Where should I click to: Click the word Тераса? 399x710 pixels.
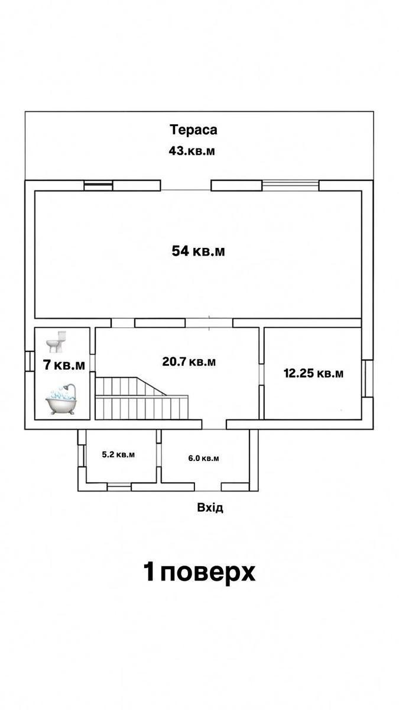point(193,130)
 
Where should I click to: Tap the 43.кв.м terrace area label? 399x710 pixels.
point(192,150)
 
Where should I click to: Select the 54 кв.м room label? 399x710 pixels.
point(198,251)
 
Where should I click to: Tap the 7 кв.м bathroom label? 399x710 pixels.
point(64,365)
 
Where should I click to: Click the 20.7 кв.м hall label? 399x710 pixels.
point(189,361)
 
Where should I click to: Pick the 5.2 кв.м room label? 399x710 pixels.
point(118,455)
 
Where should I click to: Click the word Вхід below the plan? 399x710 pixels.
point(210,508)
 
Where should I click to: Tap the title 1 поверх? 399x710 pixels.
point(199,573)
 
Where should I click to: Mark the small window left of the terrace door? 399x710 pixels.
point(98,185)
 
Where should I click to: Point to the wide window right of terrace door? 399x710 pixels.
point(291,185)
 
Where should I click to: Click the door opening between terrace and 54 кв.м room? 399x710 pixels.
point(186,185)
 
